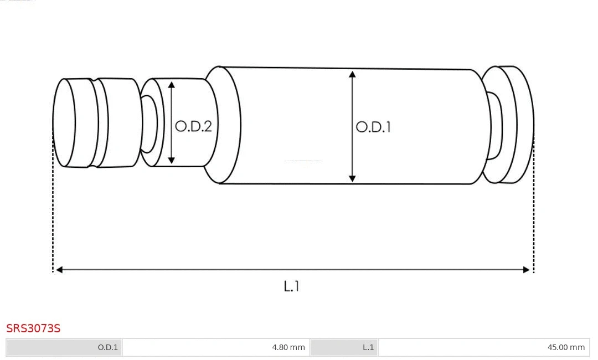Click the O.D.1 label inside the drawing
[373, 127]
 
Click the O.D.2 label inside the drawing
[193, 126]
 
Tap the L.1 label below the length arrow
[291, 286]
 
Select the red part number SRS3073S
[33, 328]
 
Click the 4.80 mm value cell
[216, 347]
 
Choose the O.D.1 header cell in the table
[64, 347]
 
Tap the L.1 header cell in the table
[344, 347]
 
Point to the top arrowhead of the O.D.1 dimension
[352, 74]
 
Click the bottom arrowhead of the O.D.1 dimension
[352, 178]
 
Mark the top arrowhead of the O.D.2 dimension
[172, 85]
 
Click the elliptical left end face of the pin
[64, 122]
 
